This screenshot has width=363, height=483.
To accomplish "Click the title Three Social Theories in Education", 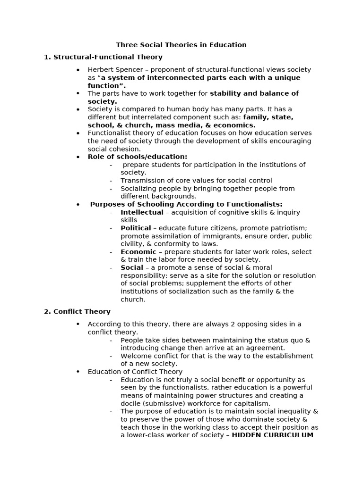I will pos(181,45).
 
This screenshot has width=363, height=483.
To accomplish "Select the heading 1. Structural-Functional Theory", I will pos(103,57).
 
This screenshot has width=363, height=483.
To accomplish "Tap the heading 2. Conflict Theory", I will pos(77,312).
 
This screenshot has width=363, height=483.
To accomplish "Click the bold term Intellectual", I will pos(142,212).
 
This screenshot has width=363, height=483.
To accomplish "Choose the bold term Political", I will pos(136,228).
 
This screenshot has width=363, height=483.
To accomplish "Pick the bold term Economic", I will pos(138,252).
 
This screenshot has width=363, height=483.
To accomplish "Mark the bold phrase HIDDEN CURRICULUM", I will pos(272,435).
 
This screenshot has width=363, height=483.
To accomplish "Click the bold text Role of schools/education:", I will pos(137,157).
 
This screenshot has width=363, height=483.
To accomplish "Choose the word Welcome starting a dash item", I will pos(136,356).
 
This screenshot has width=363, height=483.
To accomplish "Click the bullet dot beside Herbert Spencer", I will pos(78,70).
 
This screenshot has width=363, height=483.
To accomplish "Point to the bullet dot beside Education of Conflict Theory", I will pos(78,372).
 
